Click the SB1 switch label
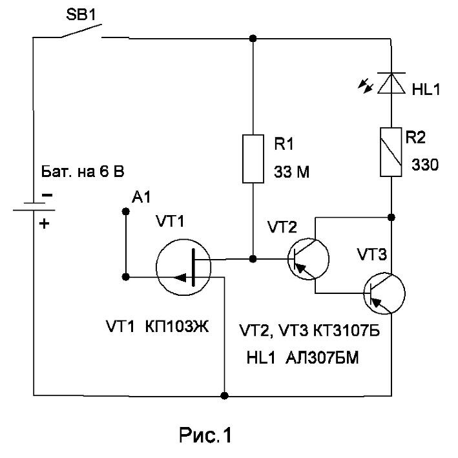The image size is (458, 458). pyautogui.click(x=81, y=15)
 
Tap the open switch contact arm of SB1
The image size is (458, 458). pyautogui.click(x=81, y=30)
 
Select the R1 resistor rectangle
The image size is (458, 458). pyautogui.click(x=253, y=159)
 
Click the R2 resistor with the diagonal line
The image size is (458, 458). pyautogui.click(x=391, y=152)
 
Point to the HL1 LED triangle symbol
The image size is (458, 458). pyautogui.click(x=391, y=83)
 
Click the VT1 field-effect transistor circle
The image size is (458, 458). pyautogui.click(x=183, y=267)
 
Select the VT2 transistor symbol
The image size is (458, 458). pyautogui.click(x=308, y=259)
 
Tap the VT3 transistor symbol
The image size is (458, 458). pyautogui.click(x=384, y=293)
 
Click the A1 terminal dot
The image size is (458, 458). pyautogui.click(x=125, y=211)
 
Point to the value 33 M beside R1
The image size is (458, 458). pyautogui.click(x=291, y=172)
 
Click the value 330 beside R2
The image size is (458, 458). pyautogui.click(x=425, y=165)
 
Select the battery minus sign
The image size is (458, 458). pyautogui.click(x=47, y=195)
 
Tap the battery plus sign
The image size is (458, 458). pyautogui.click(x=45, y=224)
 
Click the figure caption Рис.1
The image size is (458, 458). pyautogui.click(x=205, y=435)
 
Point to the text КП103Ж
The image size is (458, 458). pyautogui.click(x=177, y=327)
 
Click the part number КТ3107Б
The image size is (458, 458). pyautogui.click(x=347, y=331)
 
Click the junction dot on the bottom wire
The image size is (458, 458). pyautogui.click(x=224, y=396)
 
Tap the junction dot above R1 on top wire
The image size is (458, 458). pyautogui.click(x=253, y=38)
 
